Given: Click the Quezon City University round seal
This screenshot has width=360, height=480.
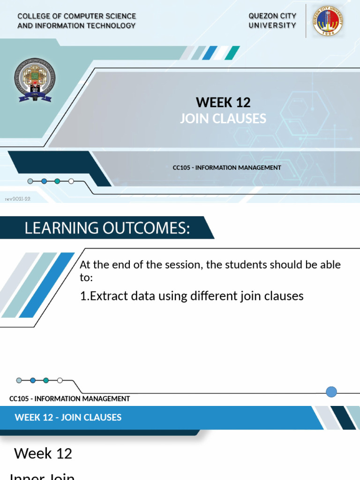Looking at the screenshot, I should click(328, 21).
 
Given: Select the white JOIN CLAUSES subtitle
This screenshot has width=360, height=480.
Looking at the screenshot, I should click(223, 119).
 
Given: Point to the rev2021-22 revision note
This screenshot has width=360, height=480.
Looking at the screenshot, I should click(18, 199).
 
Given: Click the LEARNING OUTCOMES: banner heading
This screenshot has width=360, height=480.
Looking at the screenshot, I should click(107, 228).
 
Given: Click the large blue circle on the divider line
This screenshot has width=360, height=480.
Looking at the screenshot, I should click(331, 392).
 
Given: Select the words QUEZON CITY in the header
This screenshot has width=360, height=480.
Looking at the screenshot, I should click(272, 16).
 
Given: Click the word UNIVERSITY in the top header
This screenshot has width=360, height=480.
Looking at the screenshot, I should click(272, 25).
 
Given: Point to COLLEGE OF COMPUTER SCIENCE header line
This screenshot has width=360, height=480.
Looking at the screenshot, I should click(76, 16).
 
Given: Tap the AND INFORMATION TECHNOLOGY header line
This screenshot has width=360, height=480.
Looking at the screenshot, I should click(76, 25).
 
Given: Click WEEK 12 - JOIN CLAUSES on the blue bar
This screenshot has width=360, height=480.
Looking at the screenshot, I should click(68, 417).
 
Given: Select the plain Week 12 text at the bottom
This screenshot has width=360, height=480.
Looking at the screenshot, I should click(43, 453).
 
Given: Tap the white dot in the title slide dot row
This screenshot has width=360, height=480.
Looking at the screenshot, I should click(71, 181).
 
